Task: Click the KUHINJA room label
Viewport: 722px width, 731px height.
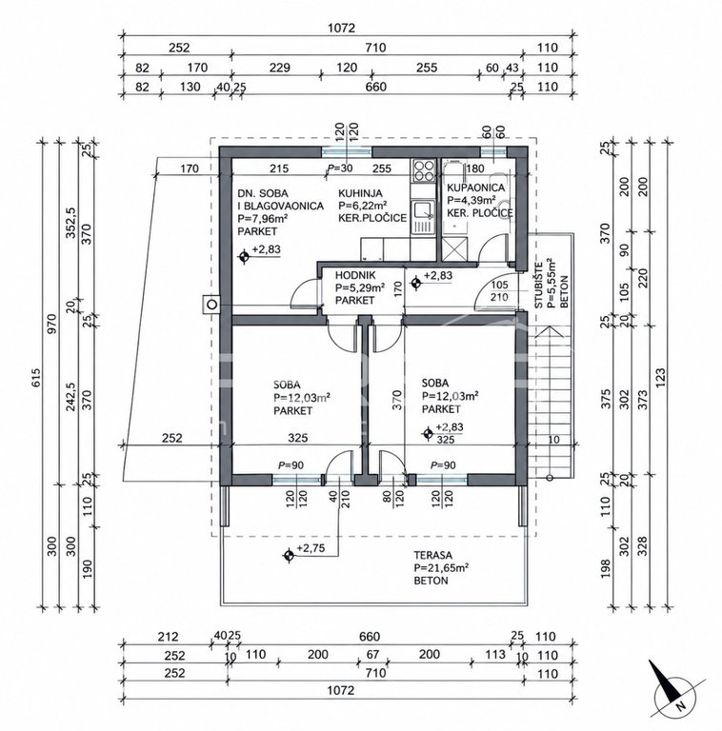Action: [360, 193]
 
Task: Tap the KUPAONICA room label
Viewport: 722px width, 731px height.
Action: [475, 188]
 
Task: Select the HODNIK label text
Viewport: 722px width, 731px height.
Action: [355, 275]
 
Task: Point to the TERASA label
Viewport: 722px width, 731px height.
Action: [432, 555]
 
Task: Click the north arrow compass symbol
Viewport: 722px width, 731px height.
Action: [674, 691]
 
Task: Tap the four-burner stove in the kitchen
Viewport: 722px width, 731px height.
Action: [423, 170]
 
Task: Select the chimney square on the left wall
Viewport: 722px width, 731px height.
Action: [211, 305]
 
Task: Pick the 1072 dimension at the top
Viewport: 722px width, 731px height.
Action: [341, 28]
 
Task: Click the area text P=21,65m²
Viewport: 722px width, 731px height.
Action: [441, 568]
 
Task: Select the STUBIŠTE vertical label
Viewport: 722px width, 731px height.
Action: [539, 285]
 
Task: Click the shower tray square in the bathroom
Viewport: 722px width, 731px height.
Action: [454, 249]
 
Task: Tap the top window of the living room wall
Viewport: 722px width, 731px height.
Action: [347, 152]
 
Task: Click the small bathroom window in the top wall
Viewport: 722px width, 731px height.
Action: [493, 152]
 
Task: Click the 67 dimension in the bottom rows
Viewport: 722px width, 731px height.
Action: [372, 654]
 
